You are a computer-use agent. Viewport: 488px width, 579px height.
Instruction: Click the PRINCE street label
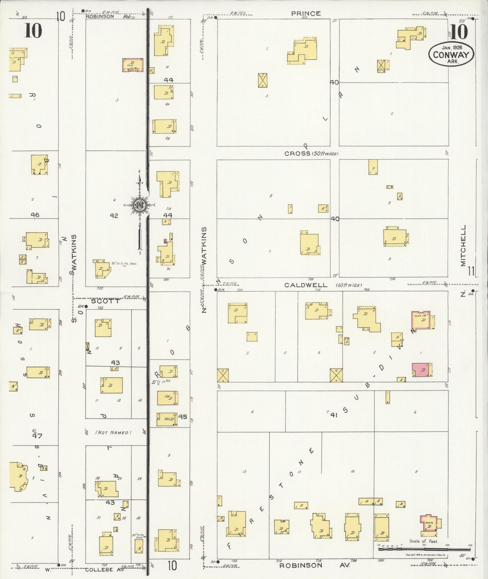(x=306, y=14)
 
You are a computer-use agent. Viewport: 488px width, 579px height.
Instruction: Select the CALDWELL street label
(x=306, y=285)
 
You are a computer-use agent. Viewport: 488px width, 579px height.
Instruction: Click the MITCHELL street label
(x=463, y=245)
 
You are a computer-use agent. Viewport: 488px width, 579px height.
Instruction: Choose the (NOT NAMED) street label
(x=113, y=433)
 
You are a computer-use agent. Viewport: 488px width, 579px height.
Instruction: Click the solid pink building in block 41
(x=422, y=370)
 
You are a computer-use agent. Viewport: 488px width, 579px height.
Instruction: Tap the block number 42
(x=114, y=216)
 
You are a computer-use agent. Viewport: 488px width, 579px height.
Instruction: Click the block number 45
(x=182, y=417)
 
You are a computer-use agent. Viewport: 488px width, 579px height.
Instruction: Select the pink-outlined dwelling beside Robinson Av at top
(x=133, y=65)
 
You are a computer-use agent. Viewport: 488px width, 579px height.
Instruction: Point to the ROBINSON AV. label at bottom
(x=314, y=565)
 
